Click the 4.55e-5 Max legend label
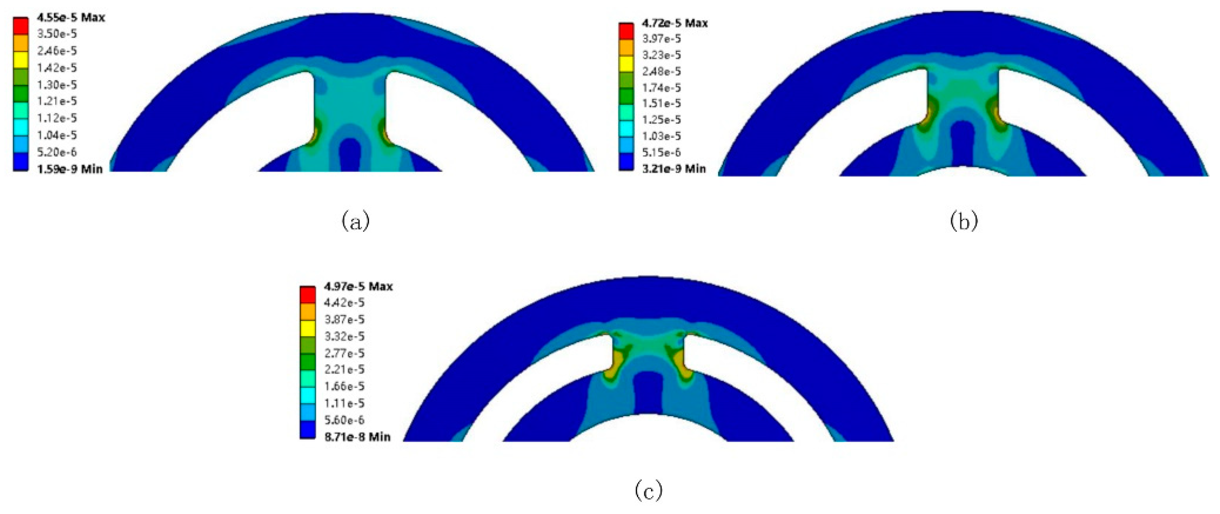point(71,17)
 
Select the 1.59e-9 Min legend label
point(70,169)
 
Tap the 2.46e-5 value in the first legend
point(57,51)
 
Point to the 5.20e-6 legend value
point(57,152)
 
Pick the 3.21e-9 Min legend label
point(674,168)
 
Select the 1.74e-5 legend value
point(662,87)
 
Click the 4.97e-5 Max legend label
point(359,286)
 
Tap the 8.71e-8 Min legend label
point(357,436)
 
